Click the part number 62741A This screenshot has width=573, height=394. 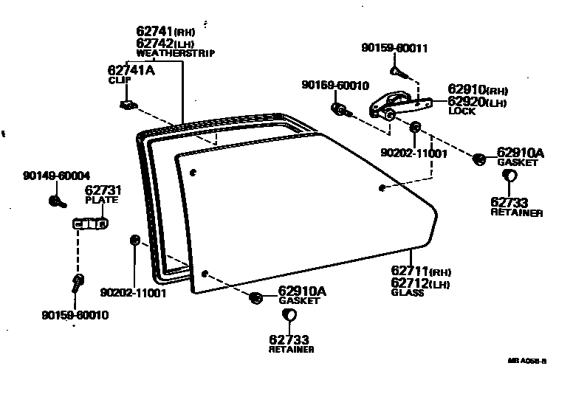tap(131, 70)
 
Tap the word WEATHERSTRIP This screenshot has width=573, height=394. tap(175, 53)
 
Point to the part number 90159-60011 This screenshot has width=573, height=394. tap(394, 48)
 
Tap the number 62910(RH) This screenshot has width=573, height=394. tap(477, 88)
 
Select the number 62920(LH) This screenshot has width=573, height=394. tap(477, 101)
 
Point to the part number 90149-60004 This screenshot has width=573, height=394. tap(56, 176)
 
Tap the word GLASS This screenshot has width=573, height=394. tap(408, 293)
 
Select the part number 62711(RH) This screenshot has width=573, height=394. tap(420, 272)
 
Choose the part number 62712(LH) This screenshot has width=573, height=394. tap(420, 283)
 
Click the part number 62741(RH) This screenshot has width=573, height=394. tap(165, 31)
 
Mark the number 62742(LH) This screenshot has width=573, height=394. tap(165, 43)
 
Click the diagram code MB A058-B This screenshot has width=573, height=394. tap(526, 362)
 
